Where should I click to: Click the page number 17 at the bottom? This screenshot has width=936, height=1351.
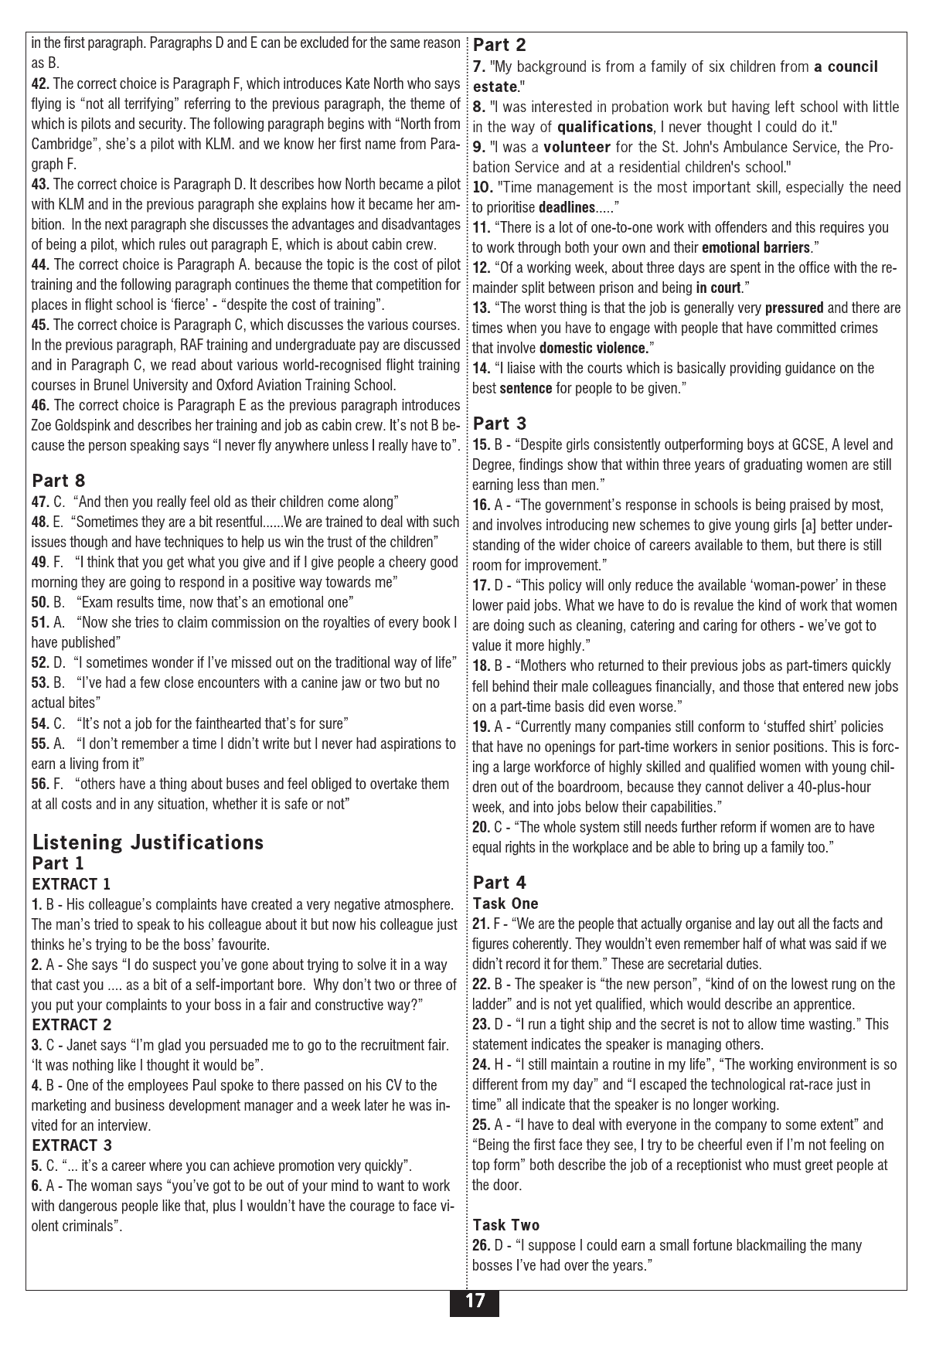[x=475, y=1302]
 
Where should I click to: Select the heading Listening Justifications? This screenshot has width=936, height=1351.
[x=148, y=842]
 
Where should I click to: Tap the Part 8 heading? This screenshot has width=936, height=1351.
[x=59, y=481]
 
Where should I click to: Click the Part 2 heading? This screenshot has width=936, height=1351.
[x=499, y=45]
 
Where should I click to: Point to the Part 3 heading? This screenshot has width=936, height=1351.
[x=499, y=423]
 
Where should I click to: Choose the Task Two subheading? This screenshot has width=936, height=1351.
[x=506, y=1225]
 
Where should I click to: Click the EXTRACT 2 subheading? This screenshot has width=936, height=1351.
[x=72, y=1025]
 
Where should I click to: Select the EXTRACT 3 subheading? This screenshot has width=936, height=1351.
[x=72, y=1145]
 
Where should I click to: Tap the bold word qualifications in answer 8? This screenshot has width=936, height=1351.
[x=604, y=127]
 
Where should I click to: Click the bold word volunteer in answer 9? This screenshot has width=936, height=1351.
[x=577, y=147]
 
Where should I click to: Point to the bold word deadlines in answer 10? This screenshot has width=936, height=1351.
[x=567, y=208]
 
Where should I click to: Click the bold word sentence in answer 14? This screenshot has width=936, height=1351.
[x=526, y=389]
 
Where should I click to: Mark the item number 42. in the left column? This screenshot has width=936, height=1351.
[x=41, y=83]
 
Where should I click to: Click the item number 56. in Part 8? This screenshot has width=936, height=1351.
[x=41, y=784]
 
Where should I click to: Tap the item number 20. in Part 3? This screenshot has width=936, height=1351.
[x=482, y=828]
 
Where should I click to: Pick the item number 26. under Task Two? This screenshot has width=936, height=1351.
[x=482, y=1245]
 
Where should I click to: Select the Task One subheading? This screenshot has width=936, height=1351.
[x=505, y=904]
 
